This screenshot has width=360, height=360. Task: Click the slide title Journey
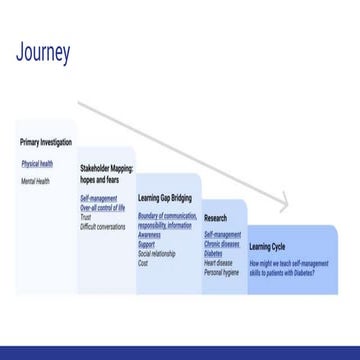coord(43,53)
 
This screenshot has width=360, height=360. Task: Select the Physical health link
coord(37,163)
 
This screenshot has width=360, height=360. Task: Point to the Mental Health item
coord(35,181)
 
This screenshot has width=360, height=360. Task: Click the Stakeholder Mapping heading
coord(106,172)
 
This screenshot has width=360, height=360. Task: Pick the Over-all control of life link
coord(103,207)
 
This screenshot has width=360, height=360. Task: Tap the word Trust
coord(86,217)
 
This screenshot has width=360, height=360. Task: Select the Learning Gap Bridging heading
coord(164,199)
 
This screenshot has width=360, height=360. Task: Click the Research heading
coord(215,217)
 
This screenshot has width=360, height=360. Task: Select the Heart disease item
coord(218,262)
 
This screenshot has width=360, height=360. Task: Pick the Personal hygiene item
coord(221,271)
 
